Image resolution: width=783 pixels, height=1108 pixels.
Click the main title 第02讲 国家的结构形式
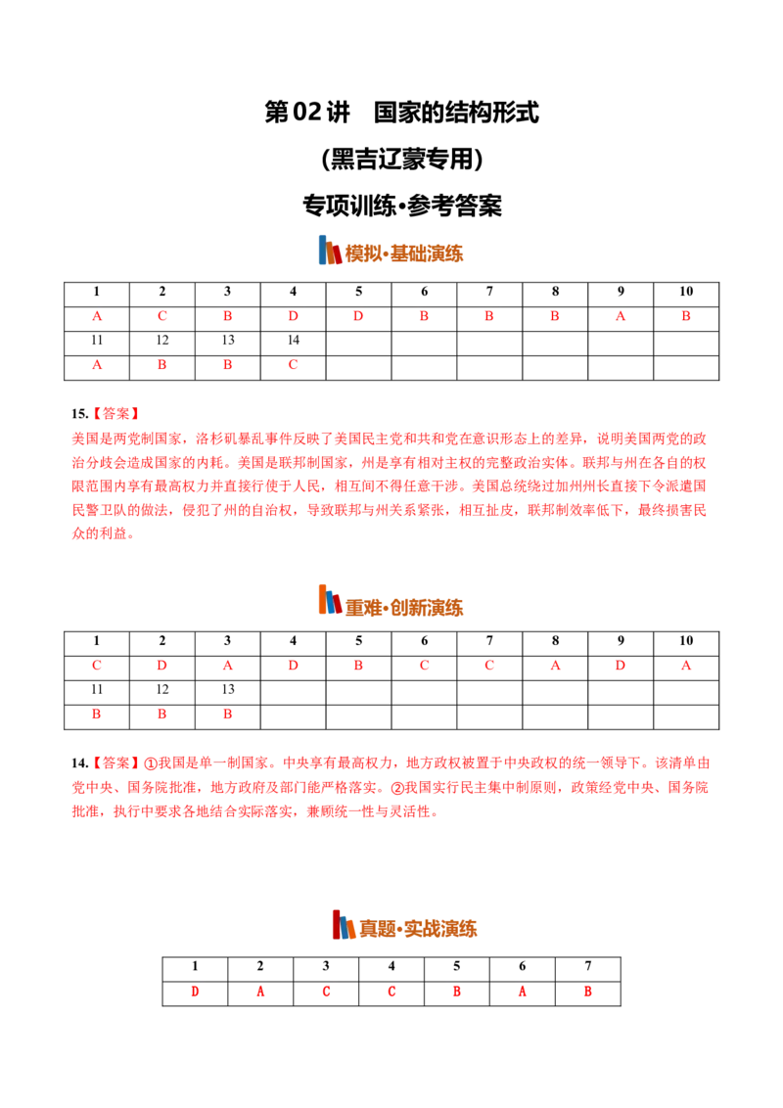[x=401, y=113]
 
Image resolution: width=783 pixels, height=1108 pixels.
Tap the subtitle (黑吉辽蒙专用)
[x=401, y=159]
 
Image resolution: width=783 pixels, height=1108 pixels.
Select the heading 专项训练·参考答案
[x=401, y=206]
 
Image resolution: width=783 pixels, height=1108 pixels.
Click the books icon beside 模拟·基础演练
[x=330, y=251]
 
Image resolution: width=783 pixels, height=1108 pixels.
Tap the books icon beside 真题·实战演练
[x=345, y=924]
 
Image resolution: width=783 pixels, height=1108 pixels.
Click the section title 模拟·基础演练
[x=404, y=254]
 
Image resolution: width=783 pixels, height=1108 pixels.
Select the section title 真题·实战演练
[x=418, y=928]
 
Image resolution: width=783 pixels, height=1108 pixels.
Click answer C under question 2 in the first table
[x=161, y=316]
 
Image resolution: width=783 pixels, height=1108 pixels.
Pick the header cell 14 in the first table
[x=294, y=340]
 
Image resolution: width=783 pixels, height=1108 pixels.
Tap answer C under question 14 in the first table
[x=294, y=365]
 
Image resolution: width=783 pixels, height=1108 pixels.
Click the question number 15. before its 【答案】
[x=79, y=414]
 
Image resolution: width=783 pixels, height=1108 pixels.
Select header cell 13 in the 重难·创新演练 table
[x=227, y=689]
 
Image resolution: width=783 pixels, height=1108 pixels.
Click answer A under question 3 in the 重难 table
[x=227, y=665]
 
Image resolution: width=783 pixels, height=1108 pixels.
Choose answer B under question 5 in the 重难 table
[x=358, y=665]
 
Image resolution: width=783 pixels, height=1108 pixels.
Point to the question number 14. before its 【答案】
[x=79, y=763]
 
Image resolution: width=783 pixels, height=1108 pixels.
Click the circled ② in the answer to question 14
[x=397, y=788]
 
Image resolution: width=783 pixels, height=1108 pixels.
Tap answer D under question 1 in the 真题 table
[x=195, y=992]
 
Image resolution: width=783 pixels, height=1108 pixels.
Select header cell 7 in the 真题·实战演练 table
[x=588, y=966]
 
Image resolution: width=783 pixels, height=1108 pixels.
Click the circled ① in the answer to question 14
[x=151, y=763]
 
